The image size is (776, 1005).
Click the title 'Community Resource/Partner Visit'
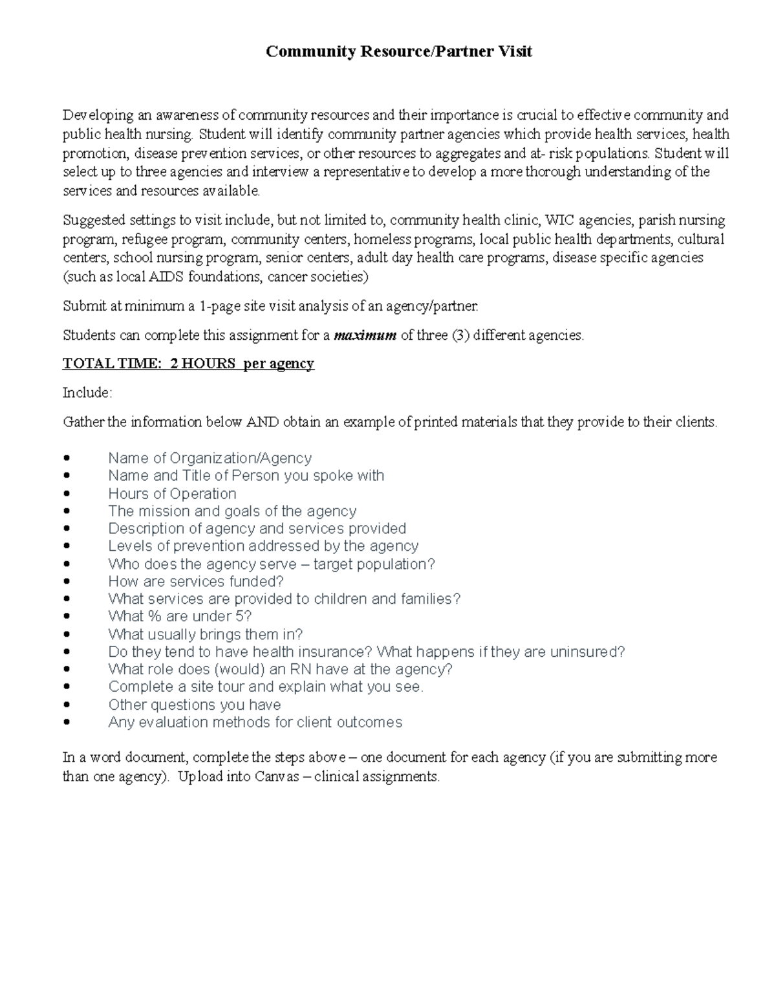coord(398,52)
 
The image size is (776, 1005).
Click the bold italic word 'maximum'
coord(369,335)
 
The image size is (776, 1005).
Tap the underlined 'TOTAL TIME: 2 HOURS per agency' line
coord(188,364)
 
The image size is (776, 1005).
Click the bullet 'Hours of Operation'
coord(172,494)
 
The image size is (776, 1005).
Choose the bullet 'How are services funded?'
coord(196,581)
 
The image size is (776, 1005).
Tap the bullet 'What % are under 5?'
coord(180,616)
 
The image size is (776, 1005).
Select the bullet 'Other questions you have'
coord(194,705)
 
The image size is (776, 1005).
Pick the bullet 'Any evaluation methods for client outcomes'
coord(255,722)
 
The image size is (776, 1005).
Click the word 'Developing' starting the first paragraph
coord(92,115)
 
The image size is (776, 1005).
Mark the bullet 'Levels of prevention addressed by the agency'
coord(263,546)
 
